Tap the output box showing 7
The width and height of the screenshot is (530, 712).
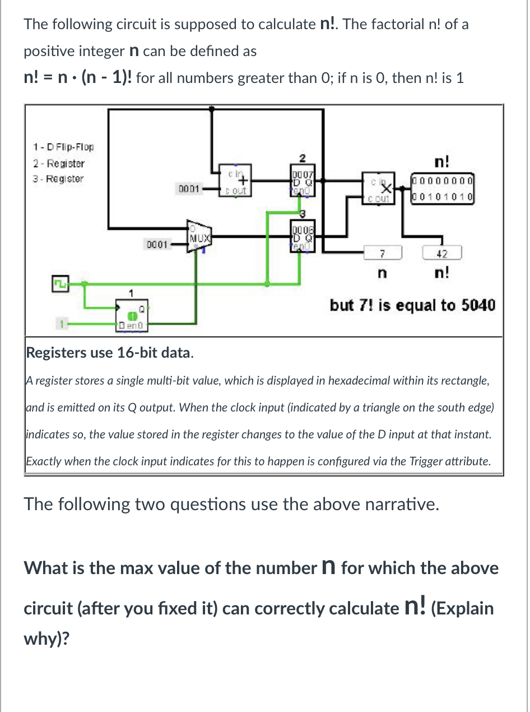[x=382, y=254]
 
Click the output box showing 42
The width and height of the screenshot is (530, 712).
[x=441, y=254]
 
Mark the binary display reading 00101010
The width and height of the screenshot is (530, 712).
[x=443, y=197]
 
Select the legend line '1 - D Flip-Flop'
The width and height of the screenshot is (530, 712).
[x=63, y=148]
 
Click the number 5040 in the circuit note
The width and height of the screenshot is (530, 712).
[x=478, y=306]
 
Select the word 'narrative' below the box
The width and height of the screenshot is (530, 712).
[x=399, y=505]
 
